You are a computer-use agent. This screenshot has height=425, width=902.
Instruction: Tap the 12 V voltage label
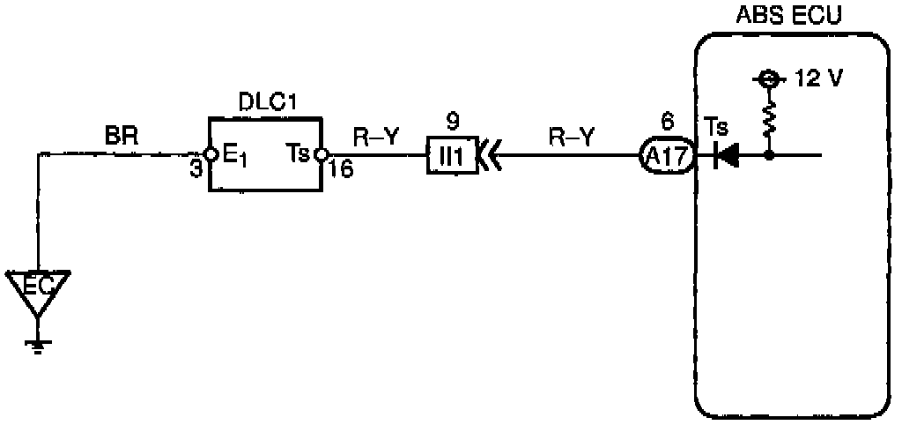tap(818, 78)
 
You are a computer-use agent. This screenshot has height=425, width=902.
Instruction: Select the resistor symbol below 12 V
tap(769, 117)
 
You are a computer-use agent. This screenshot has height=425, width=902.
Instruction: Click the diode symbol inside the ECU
tap(727, 157)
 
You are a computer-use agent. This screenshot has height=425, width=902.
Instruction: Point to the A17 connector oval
tap(666, 157)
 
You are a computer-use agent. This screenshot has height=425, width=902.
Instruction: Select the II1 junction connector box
tap(452, 157)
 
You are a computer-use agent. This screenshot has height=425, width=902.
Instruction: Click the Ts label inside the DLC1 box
tap(298, 155)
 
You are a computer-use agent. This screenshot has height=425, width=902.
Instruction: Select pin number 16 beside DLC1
tap(341, 170)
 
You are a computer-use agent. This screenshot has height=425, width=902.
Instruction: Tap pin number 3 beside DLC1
tap(196, 170)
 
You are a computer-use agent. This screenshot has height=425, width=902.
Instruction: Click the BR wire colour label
tap(117, 138)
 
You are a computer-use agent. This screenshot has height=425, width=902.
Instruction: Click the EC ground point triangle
tap(38, 291)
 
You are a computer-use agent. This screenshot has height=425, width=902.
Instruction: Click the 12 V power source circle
tap(769, 79)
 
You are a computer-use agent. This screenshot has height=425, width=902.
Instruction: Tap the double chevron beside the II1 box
tap(489, 157)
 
